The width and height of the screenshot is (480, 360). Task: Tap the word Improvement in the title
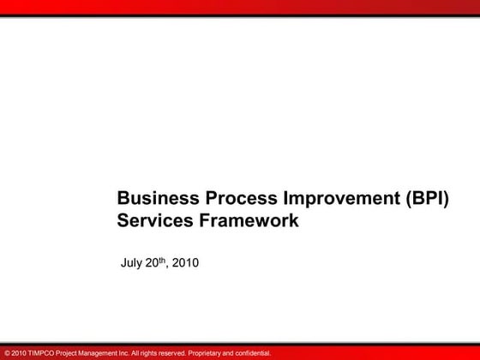[336, 199]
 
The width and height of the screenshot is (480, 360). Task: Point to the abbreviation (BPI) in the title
[425, 199]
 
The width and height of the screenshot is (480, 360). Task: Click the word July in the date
[131, 264]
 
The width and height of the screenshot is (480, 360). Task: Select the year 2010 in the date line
[187, 264]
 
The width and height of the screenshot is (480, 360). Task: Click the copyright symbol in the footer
[7, 352]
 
